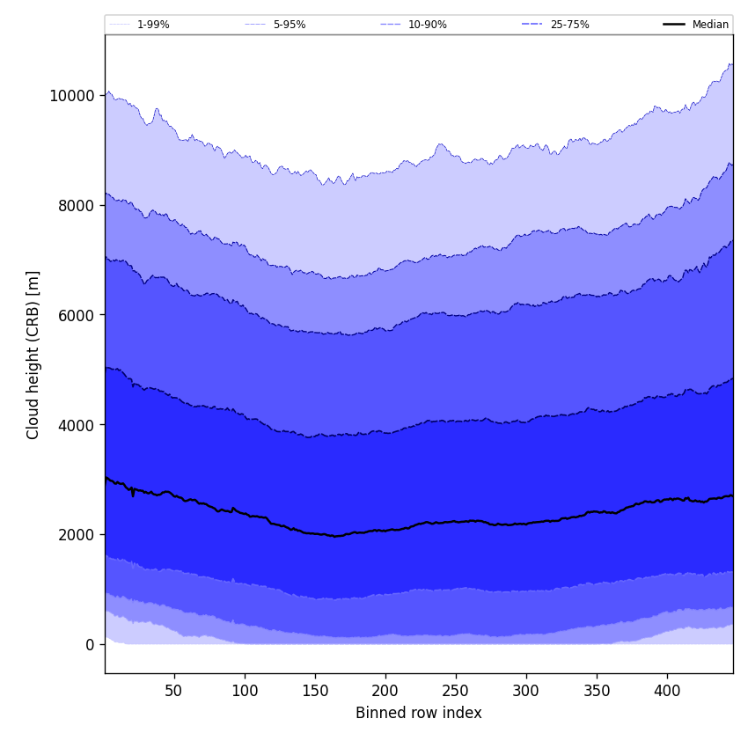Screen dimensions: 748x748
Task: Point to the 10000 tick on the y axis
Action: [72, 95]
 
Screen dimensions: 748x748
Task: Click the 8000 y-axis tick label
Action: [76, 205]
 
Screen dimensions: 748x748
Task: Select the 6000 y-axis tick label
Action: [76, 315]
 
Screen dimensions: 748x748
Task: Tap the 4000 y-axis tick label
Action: [76, 425]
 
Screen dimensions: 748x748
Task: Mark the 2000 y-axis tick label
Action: [76, 534]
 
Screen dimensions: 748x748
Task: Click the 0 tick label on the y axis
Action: [91, 644]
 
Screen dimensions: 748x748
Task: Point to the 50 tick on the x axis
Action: [174, 691]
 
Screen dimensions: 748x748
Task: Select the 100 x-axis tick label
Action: [245, 691]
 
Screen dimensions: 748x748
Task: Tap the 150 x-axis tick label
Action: [315, 691]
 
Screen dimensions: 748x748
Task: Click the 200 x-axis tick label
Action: [385, 691]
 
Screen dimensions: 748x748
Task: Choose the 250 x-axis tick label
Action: [456, 691]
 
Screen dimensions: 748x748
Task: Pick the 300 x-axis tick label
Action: [526, 691]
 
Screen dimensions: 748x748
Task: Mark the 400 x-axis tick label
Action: [667, 691]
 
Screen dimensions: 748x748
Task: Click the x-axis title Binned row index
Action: [419, 713]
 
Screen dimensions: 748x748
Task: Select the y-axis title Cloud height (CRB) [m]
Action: [33, 355]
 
